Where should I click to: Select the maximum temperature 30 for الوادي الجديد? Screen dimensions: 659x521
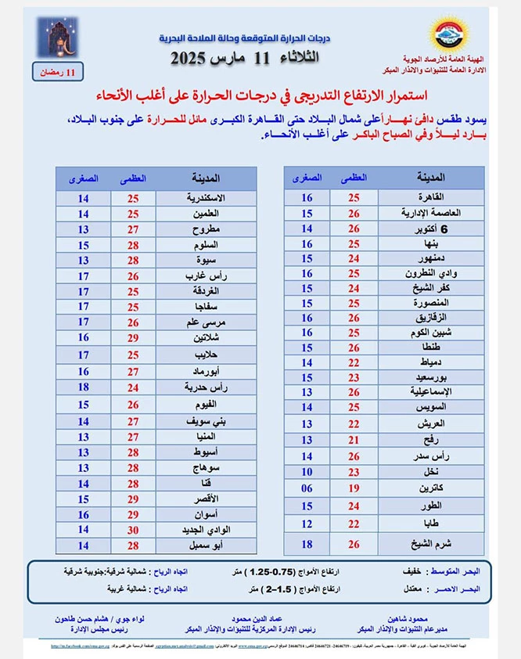(132, 530)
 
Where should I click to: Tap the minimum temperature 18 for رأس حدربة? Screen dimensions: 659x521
(82, 387)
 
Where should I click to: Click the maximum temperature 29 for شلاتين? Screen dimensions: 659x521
(132, 338)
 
